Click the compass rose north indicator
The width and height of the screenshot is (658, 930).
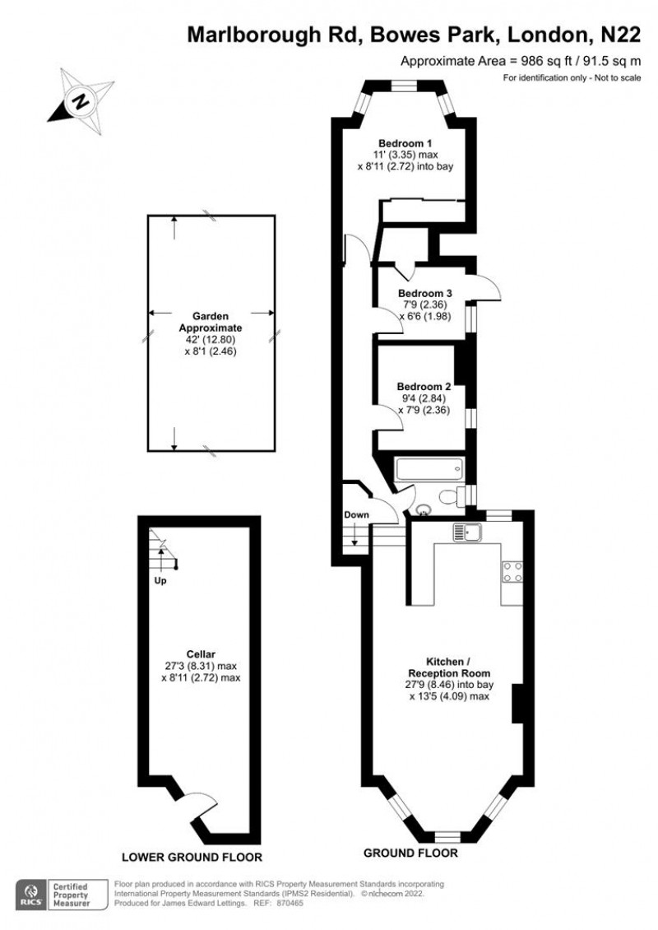point(80,100)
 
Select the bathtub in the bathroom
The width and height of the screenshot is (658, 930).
point(429,471)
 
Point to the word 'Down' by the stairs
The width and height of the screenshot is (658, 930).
point(356,515)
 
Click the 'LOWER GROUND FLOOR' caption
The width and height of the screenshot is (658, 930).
point(192,857)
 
